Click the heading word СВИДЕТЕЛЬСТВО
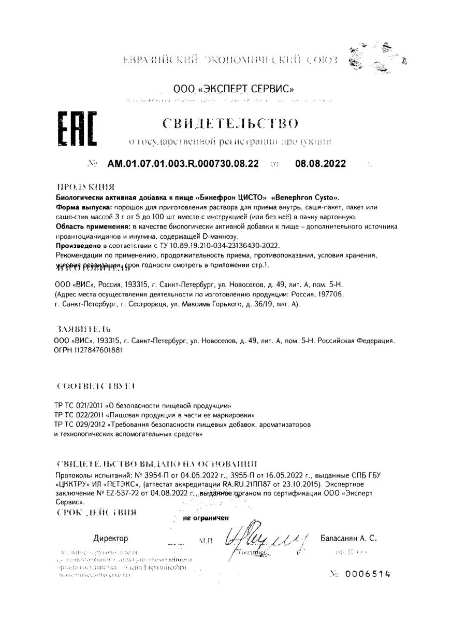[x=230, y=123]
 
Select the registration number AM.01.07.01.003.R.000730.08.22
[x=183, y=163]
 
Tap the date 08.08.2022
[x=321, y=163]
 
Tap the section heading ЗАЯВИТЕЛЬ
[x=83, y=329]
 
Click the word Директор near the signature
[x=110, y=539]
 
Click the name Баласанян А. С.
[x=348, y=539]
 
